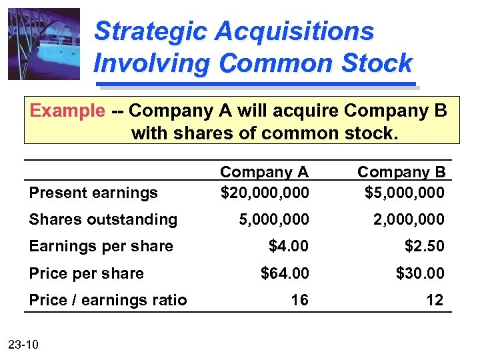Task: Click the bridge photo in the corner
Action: tap(44, 44)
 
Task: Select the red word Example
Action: tap(67, 111)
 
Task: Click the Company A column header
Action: tap(265, 172)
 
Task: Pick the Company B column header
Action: tap(401, 172)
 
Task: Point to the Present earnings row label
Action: tap(93, 193)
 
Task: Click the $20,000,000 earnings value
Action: tap(265, 193)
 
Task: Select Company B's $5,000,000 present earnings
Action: tap(405, 193)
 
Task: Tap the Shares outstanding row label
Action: tap(103, 219)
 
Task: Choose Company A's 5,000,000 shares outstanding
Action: tap(275, 219)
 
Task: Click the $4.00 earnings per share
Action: tap(289, 246)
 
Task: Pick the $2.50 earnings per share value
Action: tap(425, 246)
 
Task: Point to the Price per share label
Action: tap(86, 273)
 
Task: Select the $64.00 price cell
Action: tap(285, 273)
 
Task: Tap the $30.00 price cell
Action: tap(421, 273)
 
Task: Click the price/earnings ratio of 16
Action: tap(299, 300)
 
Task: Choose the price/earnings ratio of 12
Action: tap(435, 300)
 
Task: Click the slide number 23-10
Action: tap(24, 344)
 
